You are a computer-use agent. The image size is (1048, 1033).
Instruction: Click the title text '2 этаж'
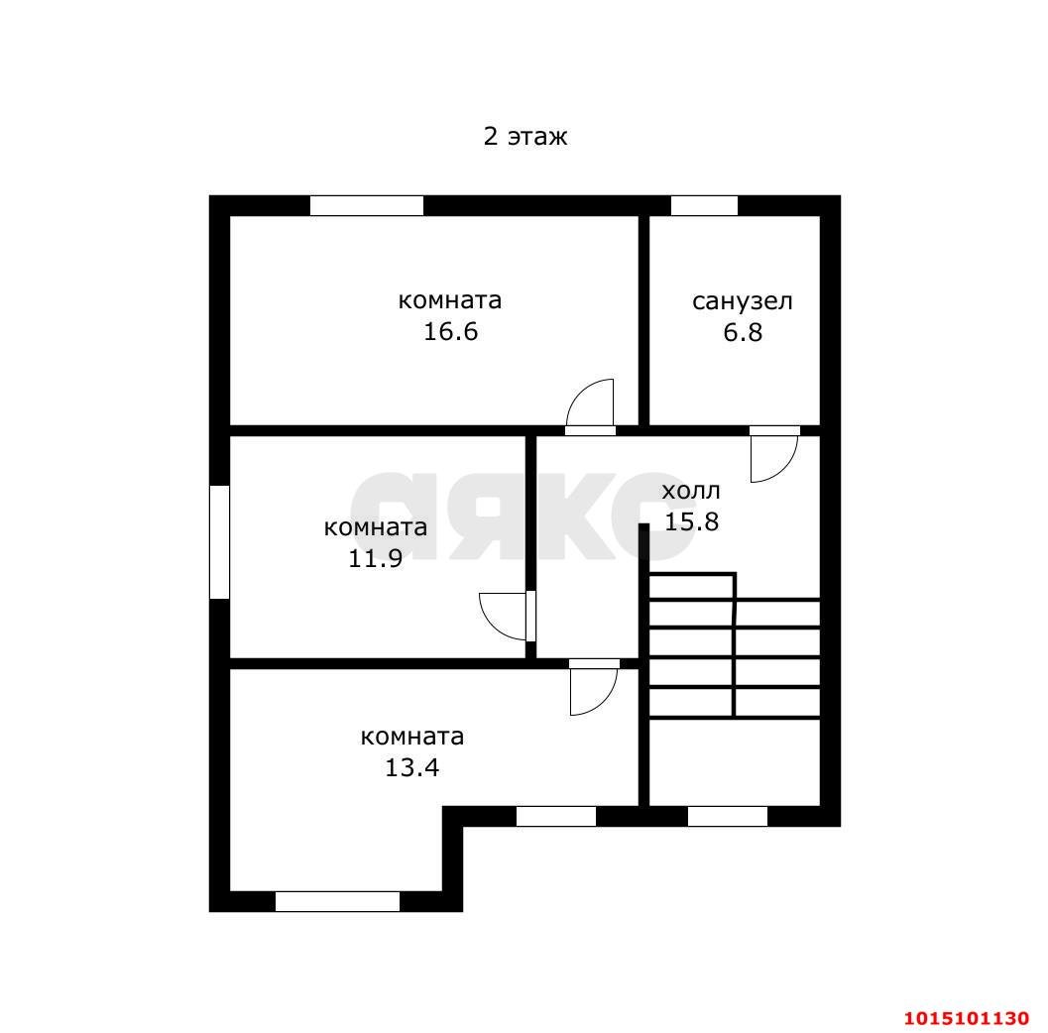525,136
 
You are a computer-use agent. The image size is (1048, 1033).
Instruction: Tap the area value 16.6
450,331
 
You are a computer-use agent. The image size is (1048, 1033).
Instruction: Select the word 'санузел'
742,302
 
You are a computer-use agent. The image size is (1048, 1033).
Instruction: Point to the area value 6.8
743,332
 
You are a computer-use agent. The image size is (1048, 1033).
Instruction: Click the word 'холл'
691,492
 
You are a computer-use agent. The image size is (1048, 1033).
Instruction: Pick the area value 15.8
691,521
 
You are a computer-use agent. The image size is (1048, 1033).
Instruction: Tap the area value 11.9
375,558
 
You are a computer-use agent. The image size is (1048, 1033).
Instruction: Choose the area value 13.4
411,767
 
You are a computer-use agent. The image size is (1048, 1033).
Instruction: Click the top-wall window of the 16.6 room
367,205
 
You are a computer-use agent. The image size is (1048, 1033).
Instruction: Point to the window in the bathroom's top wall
705,205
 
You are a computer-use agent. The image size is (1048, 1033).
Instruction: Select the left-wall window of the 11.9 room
219,542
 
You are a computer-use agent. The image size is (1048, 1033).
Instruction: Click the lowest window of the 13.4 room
337,901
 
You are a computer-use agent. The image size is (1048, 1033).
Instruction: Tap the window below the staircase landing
728,817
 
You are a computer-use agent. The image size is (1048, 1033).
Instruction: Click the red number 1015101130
967,1018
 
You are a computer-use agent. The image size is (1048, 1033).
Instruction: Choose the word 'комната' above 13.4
411,737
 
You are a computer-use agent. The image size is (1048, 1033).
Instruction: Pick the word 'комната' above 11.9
375,527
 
